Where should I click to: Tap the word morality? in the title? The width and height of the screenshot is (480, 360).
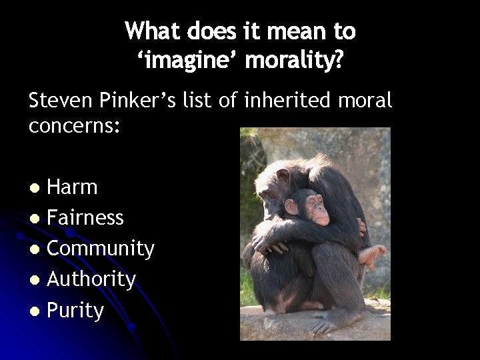tap(295, 61)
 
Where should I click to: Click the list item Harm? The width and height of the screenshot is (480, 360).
tap(72, 187)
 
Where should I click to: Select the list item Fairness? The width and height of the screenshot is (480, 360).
tap(85, 217)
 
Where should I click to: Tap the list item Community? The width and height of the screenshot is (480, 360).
tap(101, 249)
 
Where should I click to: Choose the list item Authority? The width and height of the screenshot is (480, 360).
tap(91, 279)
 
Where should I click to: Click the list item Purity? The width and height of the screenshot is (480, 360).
tap(75, 310)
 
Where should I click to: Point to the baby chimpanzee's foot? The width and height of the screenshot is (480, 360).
tap(371, 254)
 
